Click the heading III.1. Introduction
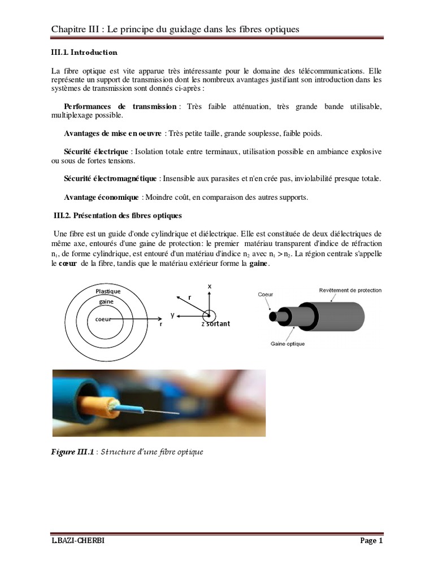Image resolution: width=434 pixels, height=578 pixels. pos(84,52)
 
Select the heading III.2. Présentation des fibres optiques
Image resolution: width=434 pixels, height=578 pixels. pos(118,216)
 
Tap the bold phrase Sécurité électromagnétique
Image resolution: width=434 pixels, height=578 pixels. pos(110,179)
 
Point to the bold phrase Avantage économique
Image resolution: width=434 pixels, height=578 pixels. pos(101,198)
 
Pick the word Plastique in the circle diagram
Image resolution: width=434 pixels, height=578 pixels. pos(107,291)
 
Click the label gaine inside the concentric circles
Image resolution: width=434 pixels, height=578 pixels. pos(107,301)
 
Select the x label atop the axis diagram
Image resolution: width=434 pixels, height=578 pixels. pos(210,286)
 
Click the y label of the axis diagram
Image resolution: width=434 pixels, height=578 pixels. pos(172,314)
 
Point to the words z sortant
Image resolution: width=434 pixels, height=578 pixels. pos(217,325)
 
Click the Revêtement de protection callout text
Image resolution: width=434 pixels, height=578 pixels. pos(350,290)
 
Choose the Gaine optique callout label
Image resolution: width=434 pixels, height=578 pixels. pos(288,343)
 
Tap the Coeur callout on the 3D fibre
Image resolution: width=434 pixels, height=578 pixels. pos(265,295)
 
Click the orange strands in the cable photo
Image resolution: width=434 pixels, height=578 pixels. pos(113,404)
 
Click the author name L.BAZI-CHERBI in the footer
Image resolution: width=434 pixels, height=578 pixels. pos(78,541)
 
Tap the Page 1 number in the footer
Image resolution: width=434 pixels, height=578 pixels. pos(371,541)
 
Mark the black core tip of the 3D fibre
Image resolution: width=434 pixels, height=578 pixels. pos(273,317)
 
